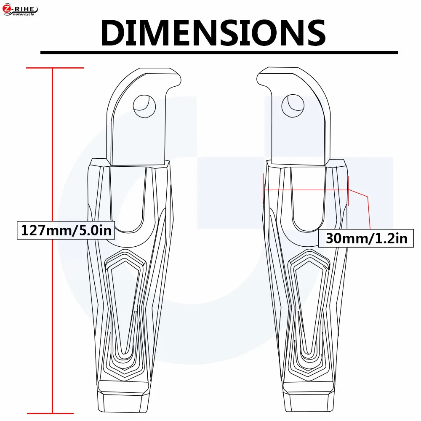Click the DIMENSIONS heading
coord(213,33)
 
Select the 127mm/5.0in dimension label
coord(66,230)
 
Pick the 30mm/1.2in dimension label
coord(366,238)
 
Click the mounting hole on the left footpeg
coord(144,107)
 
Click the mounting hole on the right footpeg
coord(293,106)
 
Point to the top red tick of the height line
coord(55,68)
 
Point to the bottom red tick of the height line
coord(50,413)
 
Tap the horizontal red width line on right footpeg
coord(306,190)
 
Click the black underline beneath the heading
coord(219,53)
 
